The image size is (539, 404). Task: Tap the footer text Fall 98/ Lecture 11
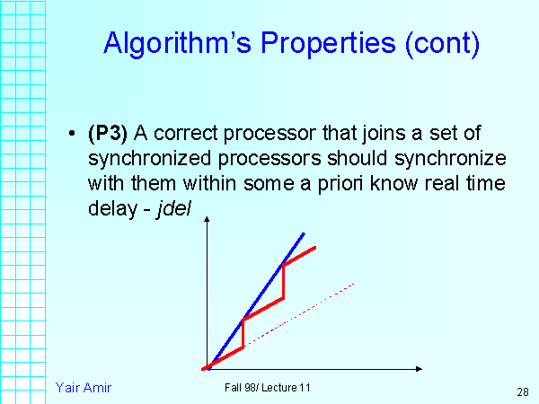268,387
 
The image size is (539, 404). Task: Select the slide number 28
522,392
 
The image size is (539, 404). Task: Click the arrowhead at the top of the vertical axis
208,222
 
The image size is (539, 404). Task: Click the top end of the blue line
304,233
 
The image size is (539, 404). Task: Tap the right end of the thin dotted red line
355,284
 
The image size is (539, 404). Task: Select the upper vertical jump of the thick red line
284,281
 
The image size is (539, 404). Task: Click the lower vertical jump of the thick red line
243,333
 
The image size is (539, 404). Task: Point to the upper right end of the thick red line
314,247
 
